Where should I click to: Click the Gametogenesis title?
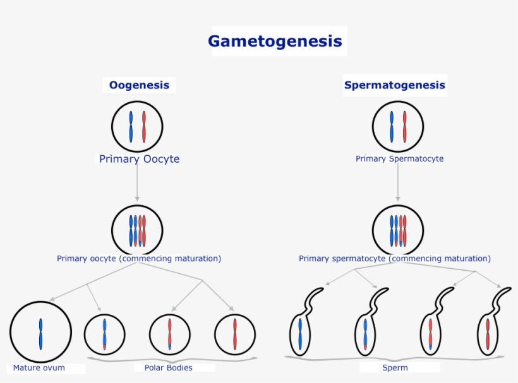pyautogui.click(x=275, y=42)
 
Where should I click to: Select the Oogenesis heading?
pyautogui.click(x=139, y=85)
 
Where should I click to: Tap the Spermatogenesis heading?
pyautogui.click(x=394, y=85)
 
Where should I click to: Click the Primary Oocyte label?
pyautogui.click(x=139, y=159)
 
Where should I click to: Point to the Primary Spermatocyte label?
pyautogui.click(x=399, y=159)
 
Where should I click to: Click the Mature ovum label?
pyautogui.click(x=39, y=368)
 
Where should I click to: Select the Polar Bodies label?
pyautogui.click(x=168, y=368)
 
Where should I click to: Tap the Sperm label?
pyautogui.click(x=395, y=368)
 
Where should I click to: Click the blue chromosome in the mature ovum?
pyautogui.click(x=40, y=334)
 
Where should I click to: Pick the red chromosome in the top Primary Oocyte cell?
pyautogui.click(x=144, y=127)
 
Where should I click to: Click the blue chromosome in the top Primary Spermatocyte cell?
pyautogui.click(x=392, y=127)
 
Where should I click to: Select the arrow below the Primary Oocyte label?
pyautogui.click(x=137, y=184)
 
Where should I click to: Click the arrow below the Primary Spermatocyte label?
pyautogui.click(x=397, y=184)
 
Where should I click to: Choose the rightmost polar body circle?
pyautogui.click(x=235, y=334)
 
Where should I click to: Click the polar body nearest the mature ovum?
pyautogui.click(x=105, y=334)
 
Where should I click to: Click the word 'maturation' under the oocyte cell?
pyautogui.click(x=196, y=259)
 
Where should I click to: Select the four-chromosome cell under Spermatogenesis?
pyautogui.click(x=398, y=230)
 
